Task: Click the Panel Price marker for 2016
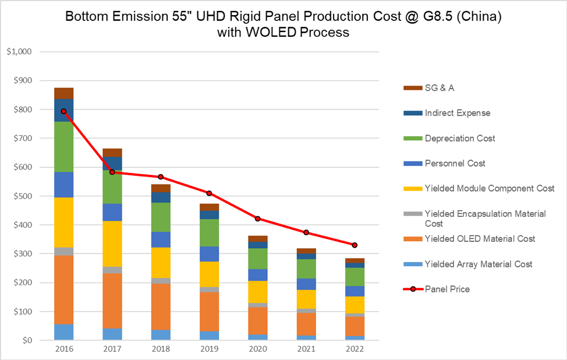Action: [x=63, y=111]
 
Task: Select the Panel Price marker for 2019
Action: [x=209, y=193]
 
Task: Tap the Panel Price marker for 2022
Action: [x=355, y=245]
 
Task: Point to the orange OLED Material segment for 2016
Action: [x=63, y=290]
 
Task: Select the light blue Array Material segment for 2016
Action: [x=63, y=332]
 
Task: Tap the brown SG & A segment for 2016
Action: [x=63, y=93]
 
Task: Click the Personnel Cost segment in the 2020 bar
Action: [x=257, y=275]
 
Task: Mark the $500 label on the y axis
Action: [x=22, y=196]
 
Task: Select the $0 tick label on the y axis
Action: [x=27, y=340]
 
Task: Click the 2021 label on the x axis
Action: [x=306, y=349]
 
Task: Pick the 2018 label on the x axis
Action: [x=161, y=349]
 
